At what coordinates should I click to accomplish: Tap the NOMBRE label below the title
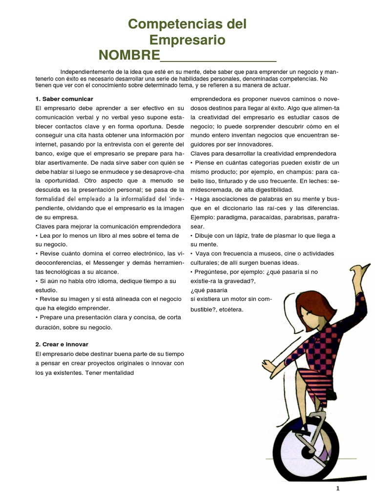129,55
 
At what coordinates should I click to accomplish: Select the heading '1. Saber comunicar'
64,99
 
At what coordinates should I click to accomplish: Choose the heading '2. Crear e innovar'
62,344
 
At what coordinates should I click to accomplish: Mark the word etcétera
231,310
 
